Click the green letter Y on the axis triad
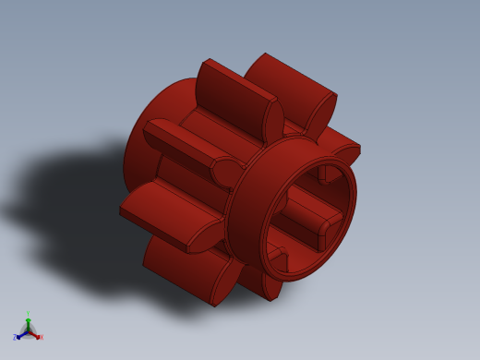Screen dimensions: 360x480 [x=28, y=315]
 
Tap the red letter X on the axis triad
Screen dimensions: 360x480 [x=41, y=338]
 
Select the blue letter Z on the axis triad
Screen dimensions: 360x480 [x=15, y=338]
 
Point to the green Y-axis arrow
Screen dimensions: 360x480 [x=28, y=323]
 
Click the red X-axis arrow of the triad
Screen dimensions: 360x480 [x=35, y=335]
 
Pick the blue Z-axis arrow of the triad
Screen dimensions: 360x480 [x=20, y=335]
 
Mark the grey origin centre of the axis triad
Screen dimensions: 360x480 [x=28, y=330]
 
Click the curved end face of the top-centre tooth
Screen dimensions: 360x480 [x=273, y=120]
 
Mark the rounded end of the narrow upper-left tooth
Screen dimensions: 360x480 [x=226, y=173]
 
